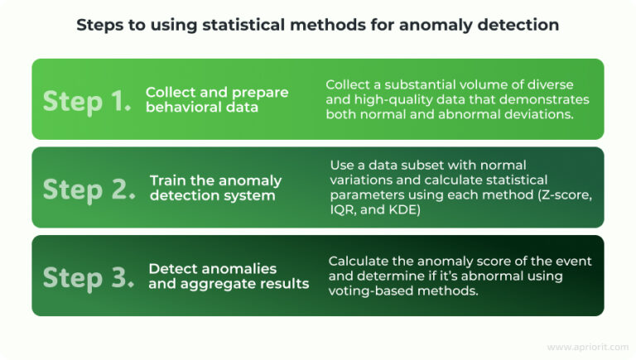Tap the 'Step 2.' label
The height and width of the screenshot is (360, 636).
tap(88, 189)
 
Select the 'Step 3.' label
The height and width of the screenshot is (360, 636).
tap(88, 277)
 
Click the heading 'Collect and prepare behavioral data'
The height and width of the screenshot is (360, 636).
tap(217, 100)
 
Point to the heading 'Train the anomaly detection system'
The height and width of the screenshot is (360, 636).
tap(215, 189)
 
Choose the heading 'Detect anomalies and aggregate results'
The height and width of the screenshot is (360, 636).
tap(229, 276)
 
